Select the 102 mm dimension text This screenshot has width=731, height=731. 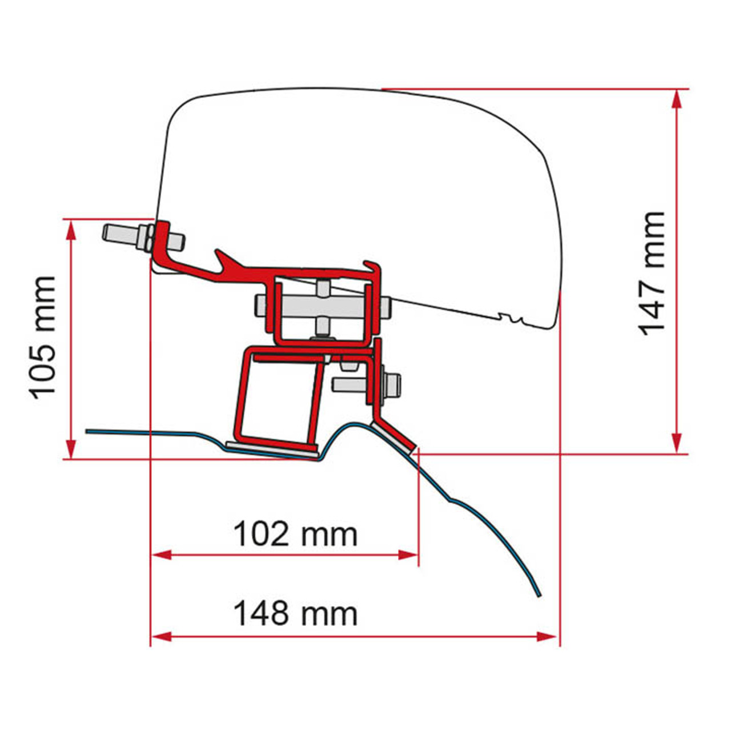(295, 535)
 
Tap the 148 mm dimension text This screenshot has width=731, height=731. (295, 613)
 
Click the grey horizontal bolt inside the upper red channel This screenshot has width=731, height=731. (323, 308)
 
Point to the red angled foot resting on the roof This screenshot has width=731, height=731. (394, 435)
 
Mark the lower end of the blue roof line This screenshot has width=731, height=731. (537, 595)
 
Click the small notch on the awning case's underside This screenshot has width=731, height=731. (510, 316)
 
